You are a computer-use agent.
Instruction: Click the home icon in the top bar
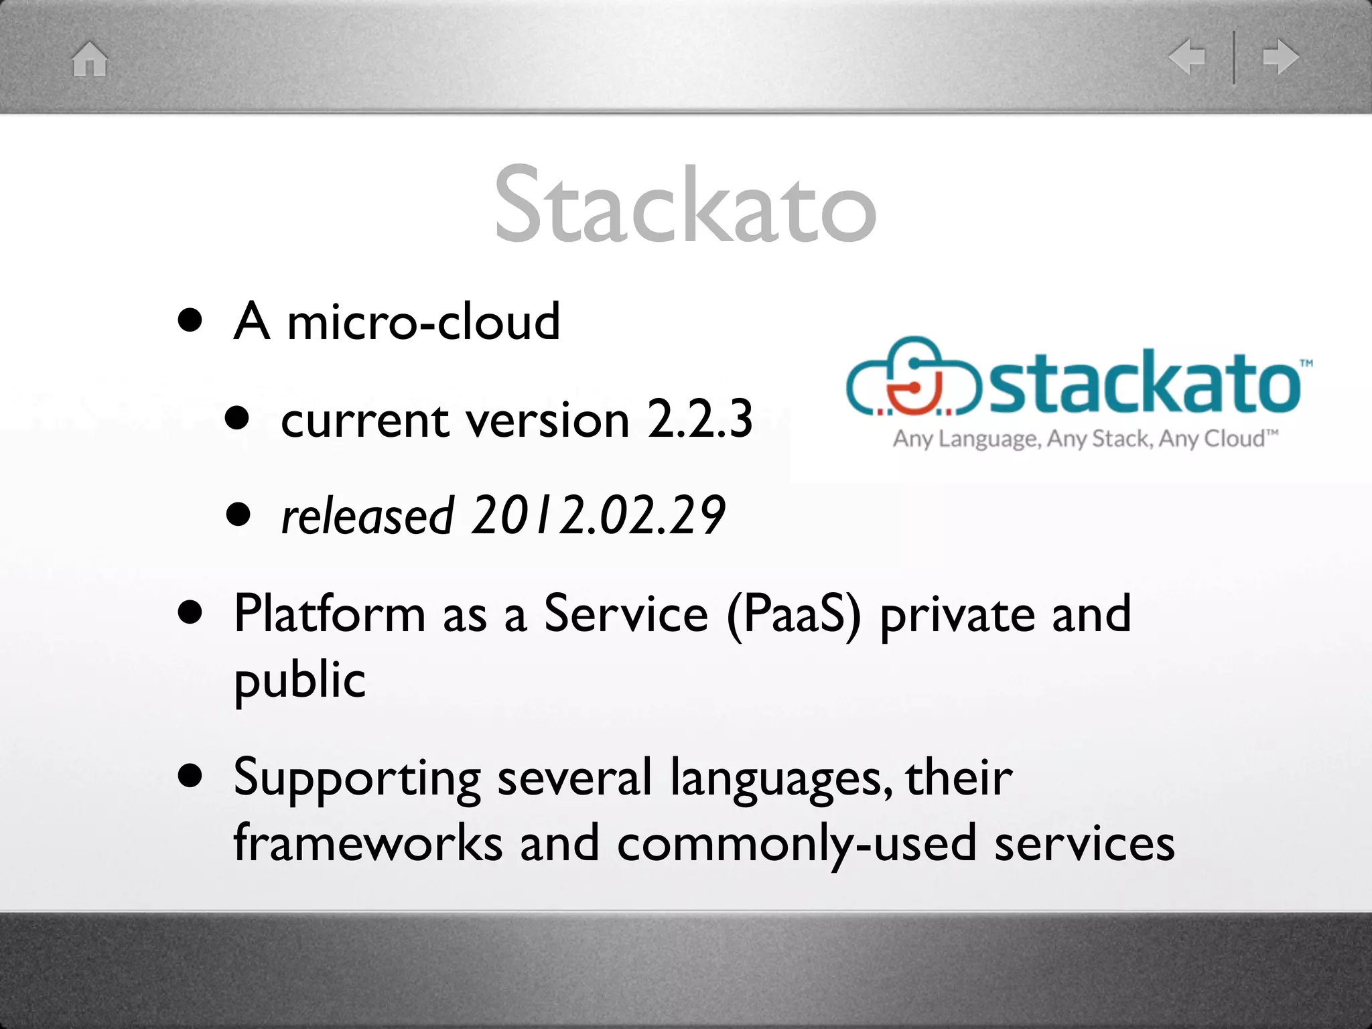point(90,59)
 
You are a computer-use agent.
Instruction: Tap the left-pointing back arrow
point(1186,57)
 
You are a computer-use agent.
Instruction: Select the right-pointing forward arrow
point(1280,57)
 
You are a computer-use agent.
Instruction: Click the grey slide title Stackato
point(685,204)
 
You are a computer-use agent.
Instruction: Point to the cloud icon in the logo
point(914,376)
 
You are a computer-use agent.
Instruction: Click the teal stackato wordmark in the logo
point(1144,383)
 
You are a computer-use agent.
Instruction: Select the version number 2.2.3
point(700,419)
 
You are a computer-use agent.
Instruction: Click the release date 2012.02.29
point(598,516)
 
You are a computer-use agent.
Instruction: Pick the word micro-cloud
point(423,322)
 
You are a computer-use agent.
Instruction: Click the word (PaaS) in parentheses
point(794,614)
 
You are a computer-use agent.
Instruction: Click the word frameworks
point(368,843)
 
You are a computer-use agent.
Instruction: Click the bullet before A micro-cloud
point(190,320)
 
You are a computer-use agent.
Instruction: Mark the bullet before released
point(238,515)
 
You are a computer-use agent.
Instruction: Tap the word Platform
point(329,614)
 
